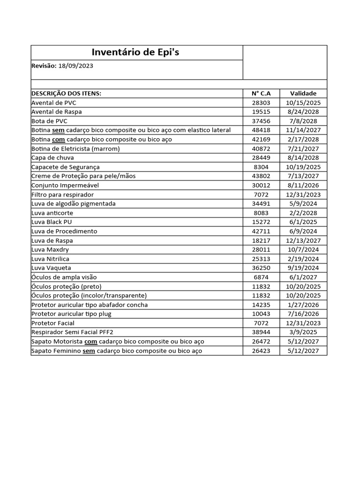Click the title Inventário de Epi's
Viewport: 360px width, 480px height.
pos(135,52)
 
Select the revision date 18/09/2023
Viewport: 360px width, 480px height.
pos(75,66)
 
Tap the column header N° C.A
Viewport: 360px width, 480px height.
pos(261,93)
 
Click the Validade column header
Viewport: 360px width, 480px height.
pos(303,93)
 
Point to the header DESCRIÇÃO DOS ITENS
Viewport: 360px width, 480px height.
pos(66,93)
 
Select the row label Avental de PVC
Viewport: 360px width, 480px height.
pos(53,103)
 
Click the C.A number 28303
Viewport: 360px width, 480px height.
pos(261,103)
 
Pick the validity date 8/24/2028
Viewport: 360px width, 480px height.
pos(303,112)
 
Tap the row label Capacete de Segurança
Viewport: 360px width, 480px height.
pos(65,167)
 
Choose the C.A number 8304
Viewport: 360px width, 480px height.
pos(261,167)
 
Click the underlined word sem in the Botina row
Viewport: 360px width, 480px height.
pos(58,130)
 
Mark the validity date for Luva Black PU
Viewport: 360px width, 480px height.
pos(303,222)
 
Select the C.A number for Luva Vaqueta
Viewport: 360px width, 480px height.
pos(261,268)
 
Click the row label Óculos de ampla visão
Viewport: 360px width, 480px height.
pos(64,277)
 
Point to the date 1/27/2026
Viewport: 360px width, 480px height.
pos(303,305)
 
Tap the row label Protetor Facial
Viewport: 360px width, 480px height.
pos(52,323)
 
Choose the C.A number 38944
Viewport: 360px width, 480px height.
pos(261,332)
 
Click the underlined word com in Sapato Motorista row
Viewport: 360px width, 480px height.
pos(90,341)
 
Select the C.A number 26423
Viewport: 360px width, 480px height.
pos(261,351)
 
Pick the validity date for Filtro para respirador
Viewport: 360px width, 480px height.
pos(303,195)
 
